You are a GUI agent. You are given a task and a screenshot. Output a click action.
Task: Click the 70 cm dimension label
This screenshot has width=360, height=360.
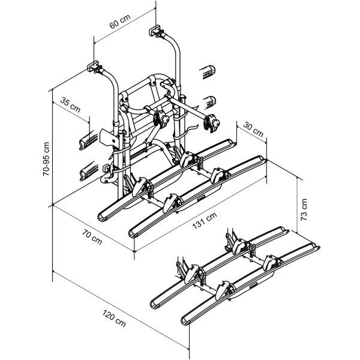tap(92, 239)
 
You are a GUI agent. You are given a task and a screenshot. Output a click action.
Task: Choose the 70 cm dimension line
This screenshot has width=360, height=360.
tap(90, 229)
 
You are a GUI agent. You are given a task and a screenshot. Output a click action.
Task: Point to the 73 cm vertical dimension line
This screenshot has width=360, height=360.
tap(299, 228)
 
